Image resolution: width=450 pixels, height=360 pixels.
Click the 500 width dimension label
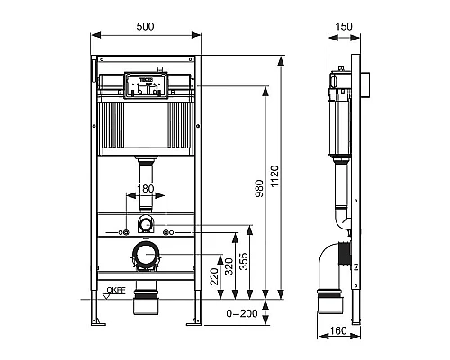click(146, 27)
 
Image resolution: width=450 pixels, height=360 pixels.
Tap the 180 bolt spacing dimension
click(145, 190)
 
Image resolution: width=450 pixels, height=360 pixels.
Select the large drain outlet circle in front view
click(145, 256)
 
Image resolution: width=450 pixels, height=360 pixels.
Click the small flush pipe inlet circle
click(145, 222)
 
